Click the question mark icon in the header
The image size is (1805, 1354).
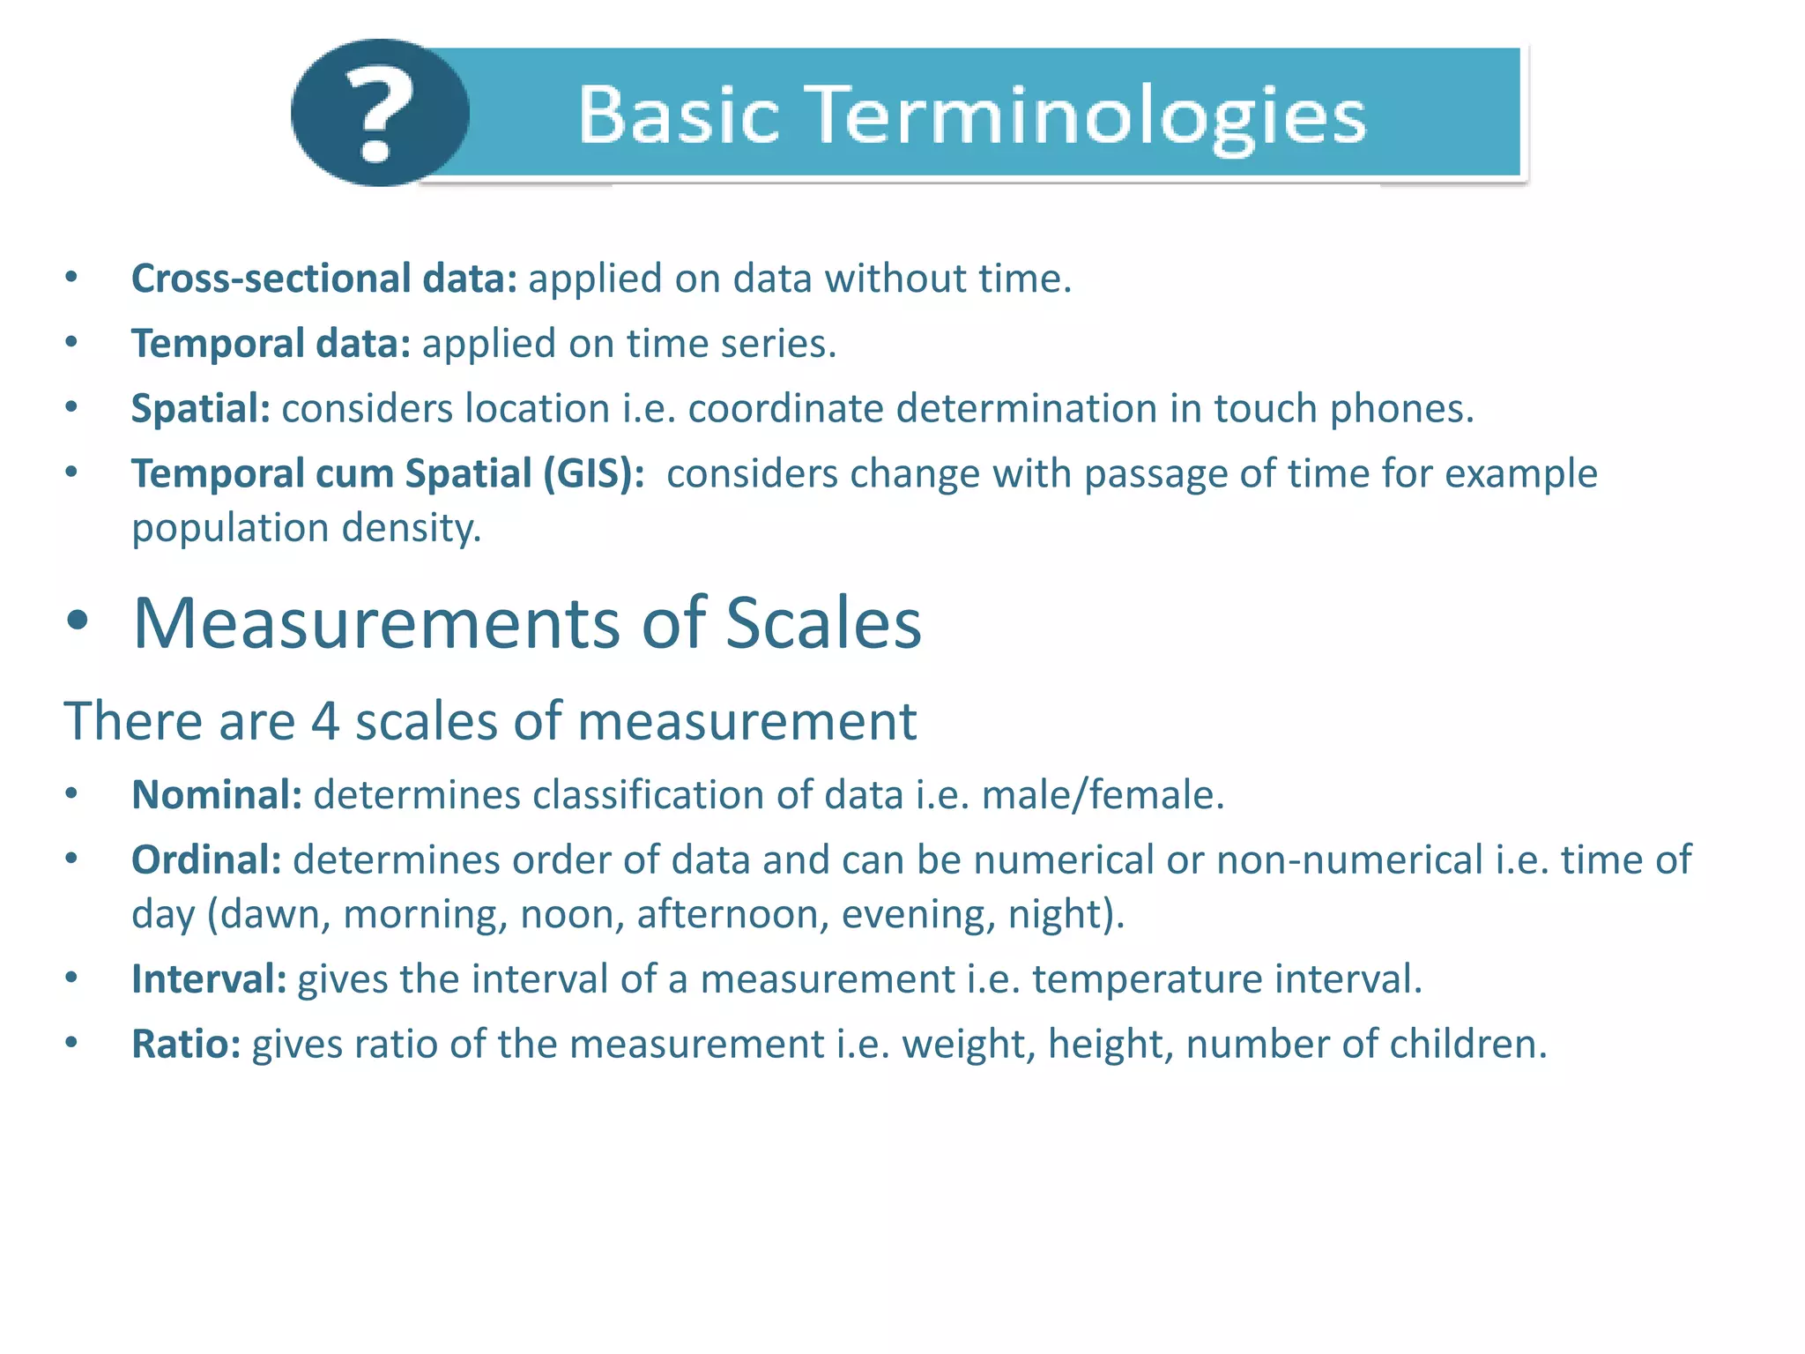379,113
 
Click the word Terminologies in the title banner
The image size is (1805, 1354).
1088,116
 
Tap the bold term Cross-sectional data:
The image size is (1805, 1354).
323,279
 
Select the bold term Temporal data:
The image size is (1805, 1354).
271,344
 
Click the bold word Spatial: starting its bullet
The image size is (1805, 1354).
200,409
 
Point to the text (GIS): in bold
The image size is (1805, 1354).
593,474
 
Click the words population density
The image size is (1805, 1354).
306,529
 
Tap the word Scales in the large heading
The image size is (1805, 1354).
822,623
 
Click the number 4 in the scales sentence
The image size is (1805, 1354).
325,721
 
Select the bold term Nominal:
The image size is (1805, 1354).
217,795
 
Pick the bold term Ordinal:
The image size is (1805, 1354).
205,860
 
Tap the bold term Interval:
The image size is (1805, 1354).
209,979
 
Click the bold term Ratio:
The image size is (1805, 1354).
186,1045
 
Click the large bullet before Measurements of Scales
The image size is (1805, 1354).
78,621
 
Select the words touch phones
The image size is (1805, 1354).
1342,409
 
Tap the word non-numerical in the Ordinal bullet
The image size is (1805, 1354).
1349,860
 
